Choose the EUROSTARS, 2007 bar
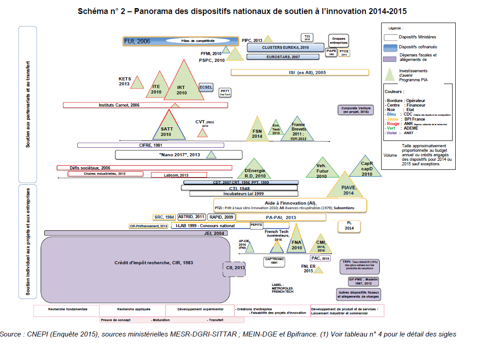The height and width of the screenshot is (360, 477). point(283,57)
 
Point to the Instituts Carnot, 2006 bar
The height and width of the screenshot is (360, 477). point(145,105)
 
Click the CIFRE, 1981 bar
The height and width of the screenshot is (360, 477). point(151,145)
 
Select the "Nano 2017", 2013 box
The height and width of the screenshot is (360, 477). point(179,155)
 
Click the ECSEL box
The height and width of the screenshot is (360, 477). point(206,87)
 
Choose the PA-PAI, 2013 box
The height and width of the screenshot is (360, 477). point(280,217)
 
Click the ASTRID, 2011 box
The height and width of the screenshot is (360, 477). point(192,217)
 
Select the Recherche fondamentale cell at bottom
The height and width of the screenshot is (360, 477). point(67,310)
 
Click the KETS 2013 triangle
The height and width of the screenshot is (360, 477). point(137,83)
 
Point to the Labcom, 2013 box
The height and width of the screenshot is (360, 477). point(179,175)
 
